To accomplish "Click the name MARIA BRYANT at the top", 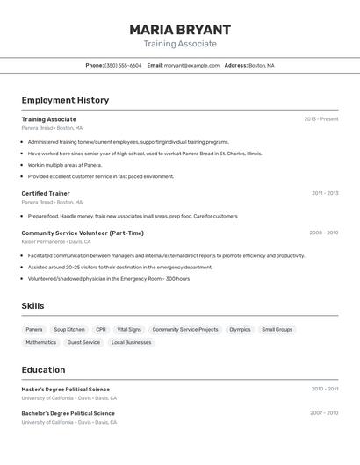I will pos(180,30).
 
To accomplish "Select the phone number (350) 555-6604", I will pos(123,65).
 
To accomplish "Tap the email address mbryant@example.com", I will pos(191,65).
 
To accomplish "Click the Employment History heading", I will pos(65,100).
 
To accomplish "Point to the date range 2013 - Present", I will pos(320,119).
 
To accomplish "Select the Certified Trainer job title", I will pos(46,193).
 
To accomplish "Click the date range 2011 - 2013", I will pos(324,193).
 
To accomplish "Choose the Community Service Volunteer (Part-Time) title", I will pos(83,232).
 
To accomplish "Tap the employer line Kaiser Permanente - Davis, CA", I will pos(56,241).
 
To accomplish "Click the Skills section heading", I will pos(32,306).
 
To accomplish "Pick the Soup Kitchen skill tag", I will pos(69,330).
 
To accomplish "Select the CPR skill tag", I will pos(101,330).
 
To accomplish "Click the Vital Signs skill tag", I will pos(129,330).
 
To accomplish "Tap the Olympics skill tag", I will pos(240,330).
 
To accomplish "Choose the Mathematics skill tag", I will pos(40,342).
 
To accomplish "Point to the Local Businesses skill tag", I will pos(131,342).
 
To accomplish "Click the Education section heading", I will pos(43,369).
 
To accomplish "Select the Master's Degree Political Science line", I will pos(66,389).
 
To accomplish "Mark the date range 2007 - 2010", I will pos(323,412).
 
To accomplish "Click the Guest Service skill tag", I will pos(83,342).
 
